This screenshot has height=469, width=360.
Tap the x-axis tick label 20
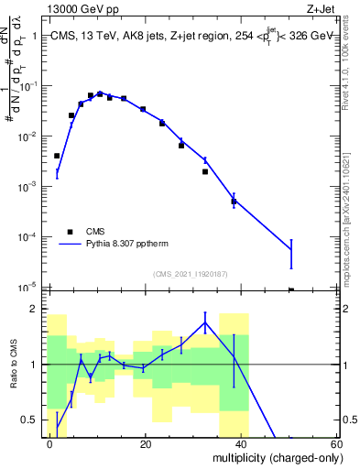(x=146, y=443)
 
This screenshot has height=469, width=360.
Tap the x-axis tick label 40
(x=241, y=443)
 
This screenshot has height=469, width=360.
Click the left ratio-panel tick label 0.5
(x=30, y=420)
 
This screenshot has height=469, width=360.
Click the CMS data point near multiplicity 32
(x=205, y=171)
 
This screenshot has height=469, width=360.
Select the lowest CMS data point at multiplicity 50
(x=291, y=290)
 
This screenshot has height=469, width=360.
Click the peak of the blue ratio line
(x=205, y=322)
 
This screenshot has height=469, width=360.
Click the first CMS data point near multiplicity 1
(x=57, y=156)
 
